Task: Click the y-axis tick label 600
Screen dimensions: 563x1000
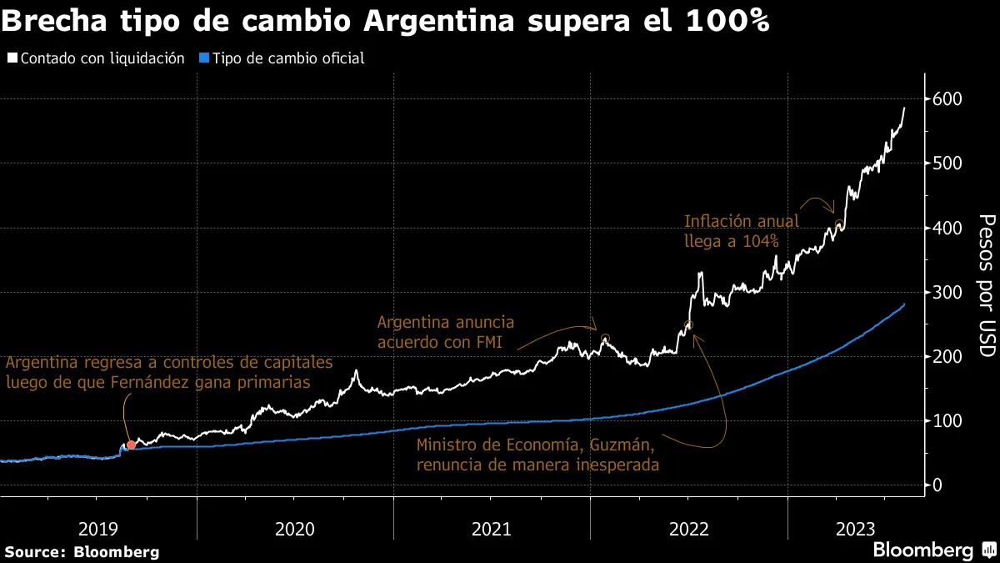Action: pyautogui.click(x=947, y=99)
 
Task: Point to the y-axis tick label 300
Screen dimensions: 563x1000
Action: pyautogui.click(x=947, y=293)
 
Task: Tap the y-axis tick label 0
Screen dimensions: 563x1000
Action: pyautogui.click(x=937, y=485)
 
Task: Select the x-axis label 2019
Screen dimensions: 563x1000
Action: pyautogui.click(x=98, y=529)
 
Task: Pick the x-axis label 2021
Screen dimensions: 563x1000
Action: pyautogui.click(x=492, y=529)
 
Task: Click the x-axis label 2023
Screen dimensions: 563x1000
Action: pyautogui.click(x=855, y=529)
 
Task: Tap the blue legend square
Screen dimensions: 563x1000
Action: pyautogui.click(x=203, y=58)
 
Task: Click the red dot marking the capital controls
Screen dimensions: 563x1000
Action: pyautogui.click(x=131, y=445)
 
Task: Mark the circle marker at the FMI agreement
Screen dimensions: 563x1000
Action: pyautogui.click(x=605, y=338)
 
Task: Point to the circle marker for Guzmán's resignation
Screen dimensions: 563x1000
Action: pyautogui.click(x=688, y=325)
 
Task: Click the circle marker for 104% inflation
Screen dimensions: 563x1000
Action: pyautogui.click(x=839, y=224)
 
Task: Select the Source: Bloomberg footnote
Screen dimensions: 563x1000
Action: pyautogui.click(x=82, y=551)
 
